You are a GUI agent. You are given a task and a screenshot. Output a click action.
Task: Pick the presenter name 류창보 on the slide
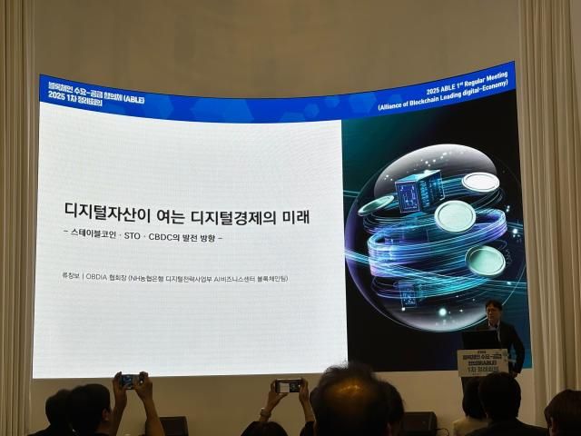coord(69,278)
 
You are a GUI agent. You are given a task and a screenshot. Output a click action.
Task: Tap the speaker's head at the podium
coord(494,310)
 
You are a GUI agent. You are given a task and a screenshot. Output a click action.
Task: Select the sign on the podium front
coord(482,362)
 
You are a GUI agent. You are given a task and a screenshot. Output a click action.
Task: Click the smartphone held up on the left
coord(131,381)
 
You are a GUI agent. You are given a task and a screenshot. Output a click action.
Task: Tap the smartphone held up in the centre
coord(289,386)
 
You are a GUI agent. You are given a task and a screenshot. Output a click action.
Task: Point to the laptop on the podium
coord(478,339)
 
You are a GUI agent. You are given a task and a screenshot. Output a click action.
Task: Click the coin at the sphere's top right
coord(479,182)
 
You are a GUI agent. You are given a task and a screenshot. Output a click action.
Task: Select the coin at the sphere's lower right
coord(487,259)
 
